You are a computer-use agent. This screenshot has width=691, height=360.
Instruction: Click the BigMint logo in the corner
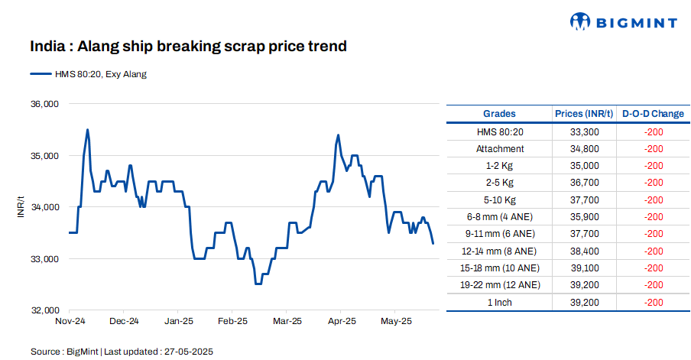[623, 22]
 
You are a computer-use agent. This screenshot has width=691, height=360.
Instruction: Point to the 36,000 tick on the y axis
[44, 104]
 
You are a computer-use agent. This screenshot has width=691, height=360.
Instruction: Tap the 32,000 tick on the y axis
[44, 311]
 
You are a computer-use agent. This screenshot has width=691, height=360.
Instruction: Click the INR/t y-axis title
[21, 207]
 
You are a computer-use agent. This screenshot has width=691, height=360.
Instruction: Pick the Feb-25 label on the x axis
[232, 322]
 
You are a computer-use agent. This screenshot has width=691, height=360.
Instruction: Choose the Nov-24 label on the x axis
[70, 322]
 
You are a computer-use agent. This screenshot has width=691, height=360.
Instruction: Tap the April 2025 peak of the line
[338, 135]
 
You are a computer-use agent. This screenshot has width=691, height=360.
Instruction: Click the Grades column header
[500, 114]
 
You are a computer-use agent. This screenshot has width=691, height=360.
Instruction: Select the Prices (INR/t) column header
[584, 114]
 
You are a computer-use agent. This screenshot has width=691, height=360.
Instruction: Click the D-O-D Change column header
[653, 114]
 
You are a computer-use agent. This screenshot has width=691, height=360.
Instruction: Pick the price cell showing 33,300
[584, 131]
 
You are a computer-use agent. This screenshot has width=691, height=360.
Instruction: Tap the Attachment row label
[500, 149]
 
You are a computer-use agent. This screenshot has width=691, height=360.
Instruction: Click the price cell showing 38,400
[584, 251]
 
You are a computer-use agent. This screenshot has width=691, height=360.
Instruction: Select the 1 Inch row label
[500, 302]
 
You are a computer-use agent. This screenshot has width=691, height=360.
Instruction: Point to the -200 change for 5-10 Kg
[653, 200]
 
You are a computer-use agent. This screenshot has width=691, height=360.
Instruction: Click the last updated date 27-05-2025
[187, 352]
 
